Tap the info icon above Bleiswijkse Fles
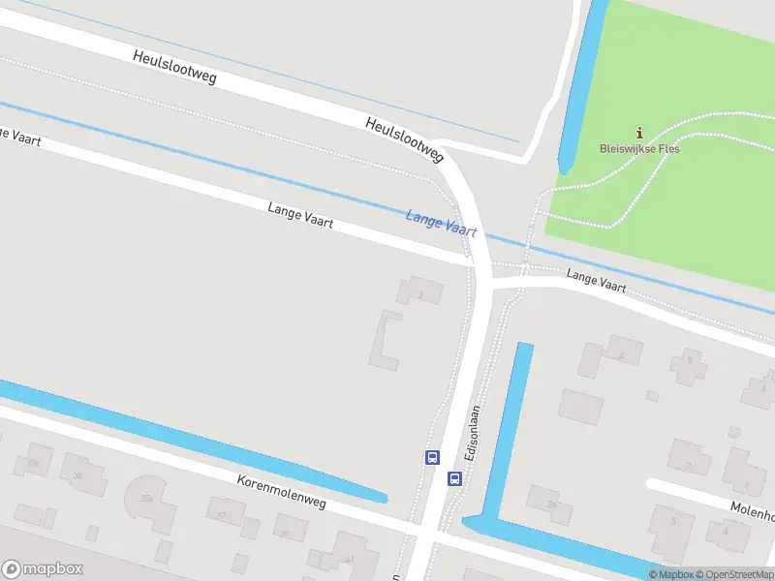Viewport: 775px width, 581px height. (638, 133)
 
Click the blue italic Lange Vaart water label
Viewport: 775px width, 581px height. (442, 224)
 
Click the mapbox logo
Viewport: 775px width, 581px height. (43, 568)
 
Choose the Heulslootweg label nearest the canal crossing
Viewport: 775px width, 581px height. (404, 139)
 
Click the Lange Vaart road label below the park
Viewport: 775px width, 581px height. (596, 282)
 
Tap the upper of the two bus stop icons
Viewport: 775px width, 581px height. (432, 457)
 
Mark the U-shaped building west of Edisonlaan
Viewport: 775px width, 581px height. (385, 340)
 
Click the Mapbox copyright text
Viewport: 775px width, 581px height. (670, 575)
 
